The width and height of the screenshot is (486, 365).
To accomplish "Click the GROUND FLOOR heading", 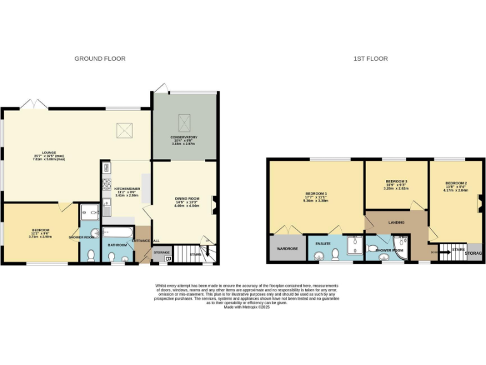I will click(100, 59).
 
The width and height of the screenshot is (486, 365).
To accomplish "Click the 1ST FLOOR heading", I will click(371, 59).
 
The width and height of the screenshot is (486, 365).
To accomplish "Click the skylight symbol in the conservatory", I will click(185, 120).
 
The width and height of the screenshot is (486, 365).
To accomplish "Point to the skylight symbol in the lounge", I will click(123, 131).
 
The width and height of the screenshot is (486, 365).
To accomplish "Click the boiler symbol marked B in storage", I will click(168, 259).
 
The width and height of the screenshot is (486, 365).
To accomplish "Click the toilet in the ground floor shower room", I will click(90, 255).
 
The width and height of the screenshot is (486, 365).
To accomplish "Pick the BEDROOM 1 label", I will click(316, 194).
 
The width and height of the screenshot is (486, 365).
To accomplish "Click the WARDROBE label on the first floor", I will click(286, 249).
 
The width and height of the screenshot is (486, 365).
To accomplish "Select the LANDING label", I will click(397, 222).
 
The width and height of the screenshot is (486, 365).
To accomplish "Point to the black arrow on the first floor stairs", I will click(445, 252).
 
